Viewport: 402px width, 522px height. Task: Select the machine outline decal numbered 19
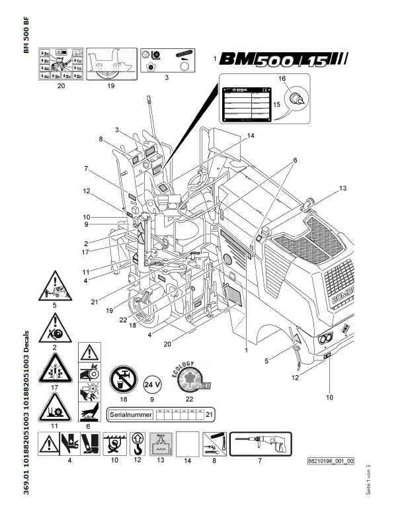point(110,64)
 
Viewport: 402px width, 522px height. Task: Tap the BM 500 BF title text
point(26,40)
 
